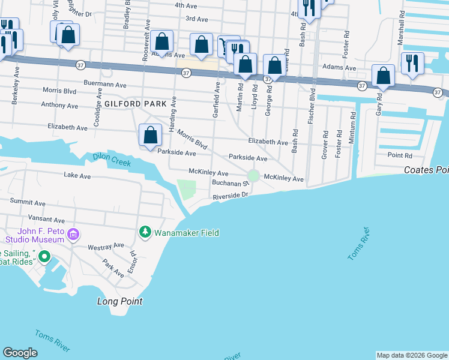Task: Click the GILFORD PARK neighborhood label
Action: tap(135, 104)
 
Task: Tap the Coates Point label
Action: tap(426, 170)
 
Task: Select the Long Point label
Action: tap(120, 301)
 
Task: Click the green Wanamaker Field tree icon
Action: tap(145, 232)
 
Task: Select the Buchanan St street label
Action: tap(229, 182)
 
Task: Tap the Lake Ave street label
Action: tap(77, 176)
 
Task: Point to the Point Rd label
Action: tap(400, 155)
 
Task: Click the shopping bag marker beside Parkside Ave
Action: tap(150, 136)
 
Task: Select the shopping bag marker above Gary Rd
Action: tap(383, 76)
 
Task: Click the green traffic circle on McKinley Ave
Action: tap(253, 175)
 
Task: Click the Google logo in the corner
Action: tap(20, 353)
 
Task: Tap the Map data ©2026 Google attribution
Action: tap(412, 355)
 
